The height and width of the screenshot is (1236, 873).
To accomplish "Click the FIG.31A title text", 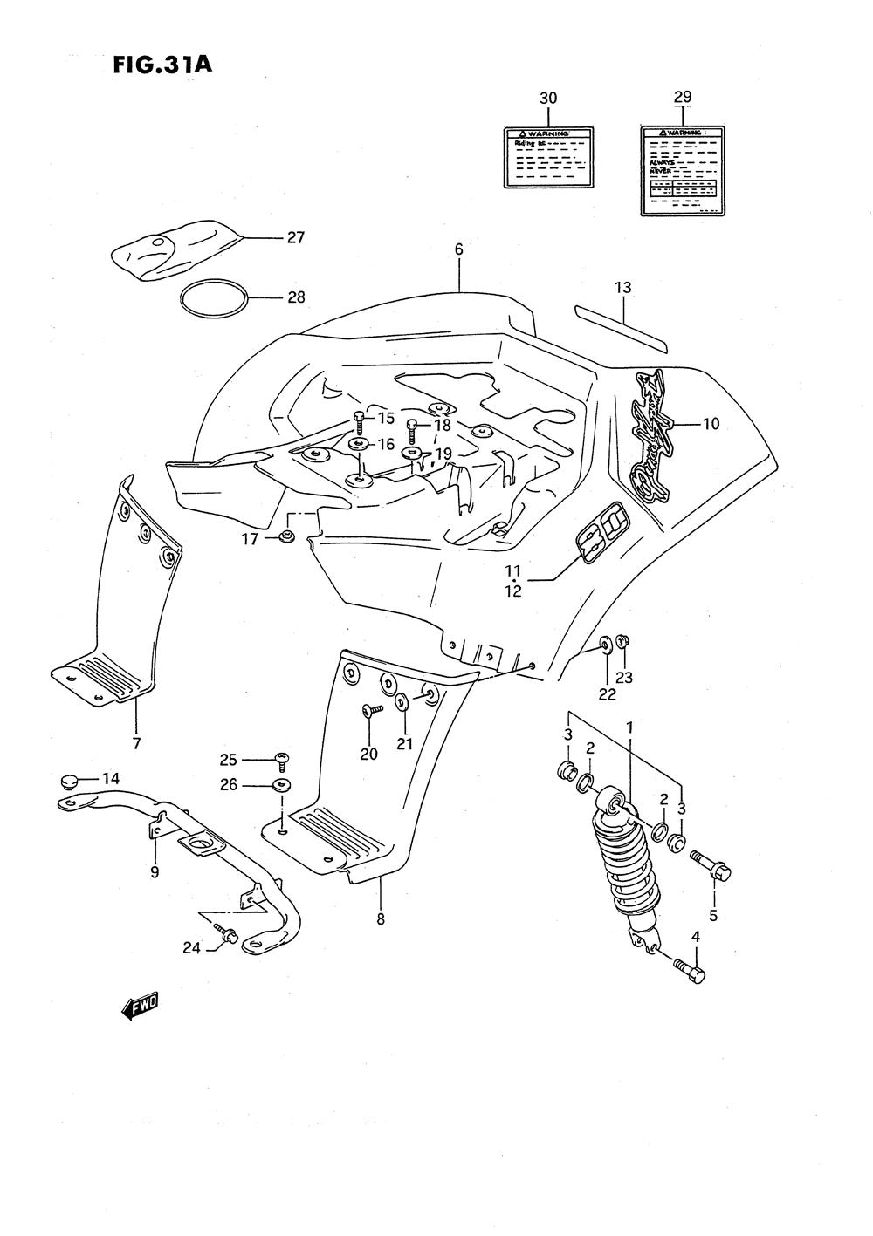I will [x=162, y=65].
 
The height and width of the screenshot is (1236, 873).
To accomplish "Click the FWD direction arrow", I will [x=140, y=1007].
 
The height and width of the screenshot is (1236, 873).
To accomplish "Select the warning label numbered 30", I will [x=548, y=156].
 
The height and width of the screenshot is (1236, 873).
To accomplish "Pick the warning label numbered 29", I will [x=683, y=168].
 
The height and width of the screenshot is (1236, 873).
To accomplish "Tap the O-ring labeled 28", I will [x=213, y=298].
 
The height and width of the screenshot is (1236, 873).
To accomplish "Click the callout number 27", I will [x=295, y=237].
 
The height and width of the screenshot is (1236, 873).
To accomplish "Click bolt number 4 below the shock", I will [x=690, y=969].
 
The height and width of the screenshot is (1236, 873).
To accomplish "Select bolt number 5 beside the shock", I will [x=711, y=865].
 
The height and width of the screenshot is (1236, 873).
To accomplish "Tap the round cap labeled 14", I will [x=72, y=779].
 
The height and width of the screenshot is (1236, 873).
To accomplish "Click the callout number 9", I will [x=154, y=871].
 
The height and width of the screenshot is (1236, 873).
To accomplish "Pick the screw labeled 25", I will [x=282, y=761].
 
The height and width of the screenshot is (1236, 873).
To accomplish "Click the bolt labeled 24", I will [x=230, y=937].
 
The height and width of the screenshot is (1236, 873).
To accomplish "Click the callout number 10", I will [x=710, y=424].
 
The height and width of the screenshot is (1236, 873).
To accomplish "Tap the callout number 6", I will [x=458, y=249].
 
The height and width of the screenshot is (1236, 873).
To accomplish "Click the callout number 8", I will [x=381, y=918].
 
